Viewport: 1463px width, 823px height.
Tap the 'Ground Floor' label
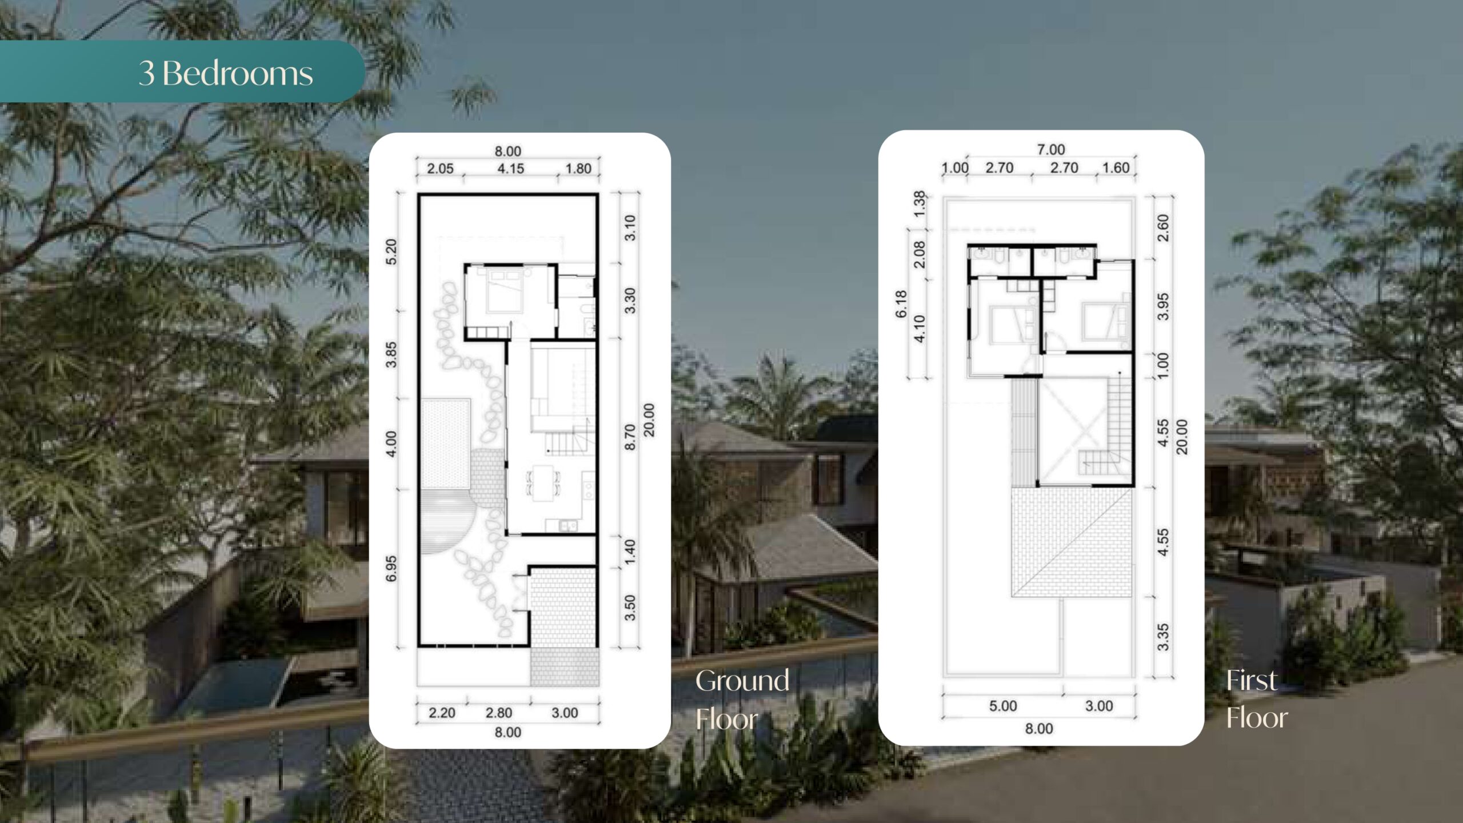742,700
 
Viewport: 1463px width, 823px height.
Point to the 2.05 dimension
440,169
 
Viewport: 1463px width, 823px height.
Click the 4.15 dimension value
510,169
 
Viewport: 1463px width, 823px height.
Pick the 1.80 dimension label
578,169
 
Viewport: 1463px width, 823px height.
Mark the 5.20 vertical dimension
391,251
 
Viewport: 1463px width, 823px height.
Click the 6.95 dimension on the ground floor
391,569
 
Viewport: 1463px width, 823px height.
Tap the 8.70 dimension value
630,437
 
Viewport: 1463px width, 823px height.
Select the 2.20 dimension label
442,713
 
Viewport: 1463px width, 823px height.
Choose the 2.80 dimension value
499,713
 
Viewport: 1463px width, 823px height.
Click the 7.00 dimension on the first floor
1051,150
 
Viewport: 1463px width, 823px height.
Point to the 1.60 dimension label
1116,168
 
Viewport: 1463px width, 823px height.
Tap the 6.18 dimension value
901,304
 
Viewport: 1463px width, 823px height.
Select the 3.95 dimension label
1163,307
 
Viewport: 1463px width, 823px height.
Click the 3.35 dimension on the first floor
1163,637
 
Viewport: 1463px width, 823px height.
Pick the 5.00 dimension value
1003,706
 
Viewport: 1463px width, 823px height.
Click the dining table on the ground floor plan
543,483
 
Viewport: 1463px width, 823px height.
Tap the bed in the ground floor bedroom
503,291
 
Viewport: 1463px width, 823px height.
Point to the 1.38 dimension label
919,204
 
